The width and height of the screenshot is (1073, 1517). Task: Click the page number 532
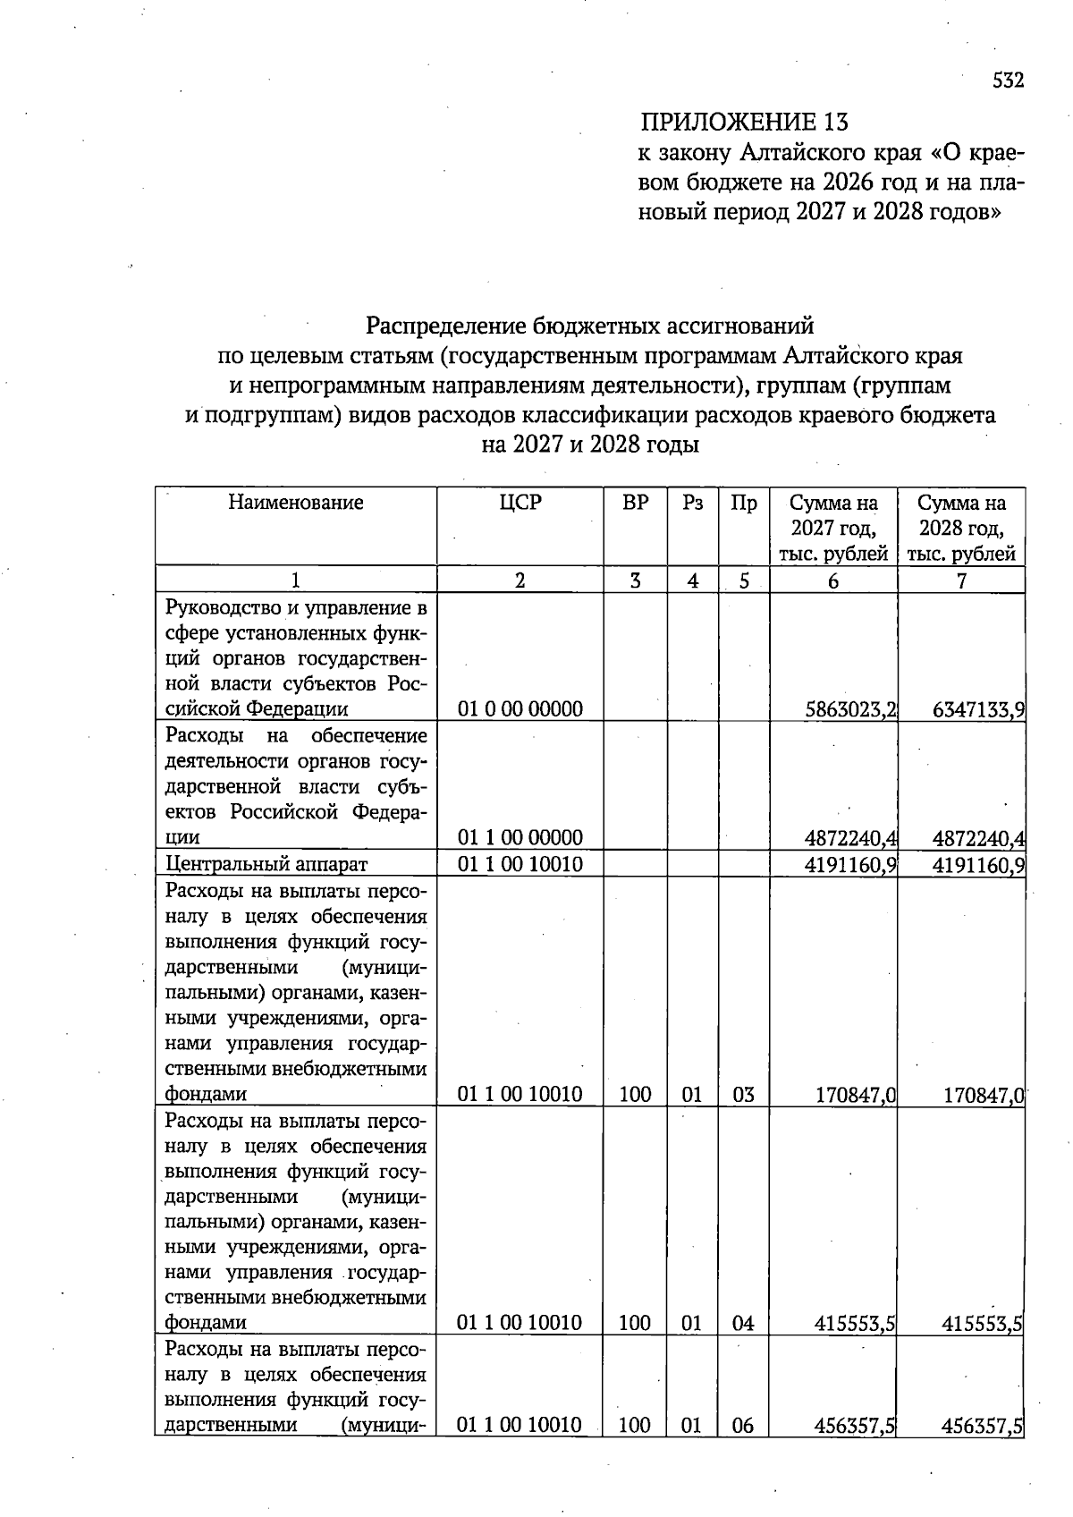click(1007, 81)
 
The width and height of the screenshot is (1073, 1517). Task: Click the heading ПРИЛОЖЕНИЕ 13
click(744, 122)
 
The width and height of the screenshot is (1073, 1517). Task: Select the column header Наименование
click(296, 503)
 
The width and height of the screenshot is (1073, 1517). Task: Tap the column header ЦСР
click(520, 503)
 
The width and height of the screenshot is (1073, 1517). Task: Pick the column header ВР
click(635, 503)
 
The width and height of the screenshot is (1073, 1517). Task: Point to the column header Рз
click(693, 503)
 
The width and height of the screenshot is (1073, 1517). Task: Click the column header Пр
click(744, 503)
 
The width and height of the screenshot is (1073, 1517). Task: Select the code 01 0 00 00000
click(520, 709)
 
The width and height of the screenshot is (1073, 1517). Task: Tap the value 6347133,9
click(978, 710)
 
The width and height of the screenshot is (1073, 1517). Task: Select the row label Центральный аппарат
click(267, 864)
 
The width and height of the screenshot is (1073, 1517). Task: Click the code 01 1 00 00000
click(520, 837)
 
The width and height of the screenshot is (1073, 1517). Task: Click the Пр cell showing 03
click(743, 1094)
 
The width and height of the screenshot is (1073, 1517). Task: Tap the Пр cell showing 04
click(743, 1323)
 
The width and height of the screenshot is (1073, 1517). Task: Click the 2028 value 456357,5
click(982, 1426)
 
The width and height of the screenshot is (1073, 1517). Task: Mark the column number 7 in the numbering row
click(961, 581)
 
